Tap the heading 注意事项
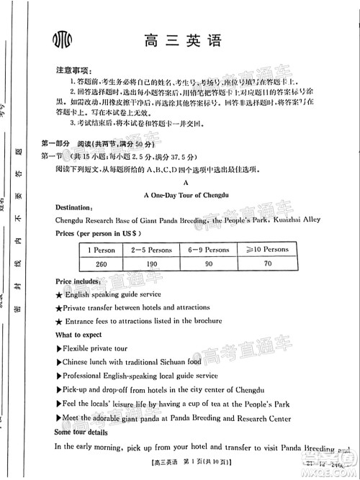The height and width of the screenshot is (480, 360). click(x=74, y=71)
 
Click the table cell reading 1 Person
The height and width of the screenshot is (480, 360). click(x=101, y=249)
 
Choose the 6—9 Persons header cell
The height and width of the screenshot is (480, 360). click(x=208, y=249)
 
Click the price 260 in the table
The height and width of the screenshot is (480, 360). click(x=101, y=263)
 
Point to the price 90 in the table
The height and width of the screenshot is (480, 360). click(x=208, y=263)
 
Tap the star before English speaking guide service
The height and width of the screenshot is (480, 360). click(x=59, y=295)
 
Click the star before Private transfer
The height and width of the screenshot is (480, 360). click(x=59, y=308)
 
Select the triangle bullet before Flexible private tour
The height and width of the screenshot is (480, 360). click(x=58, y=348)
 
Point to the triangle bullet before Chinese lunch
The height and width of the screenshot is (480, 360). click(x=58, y=362)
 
